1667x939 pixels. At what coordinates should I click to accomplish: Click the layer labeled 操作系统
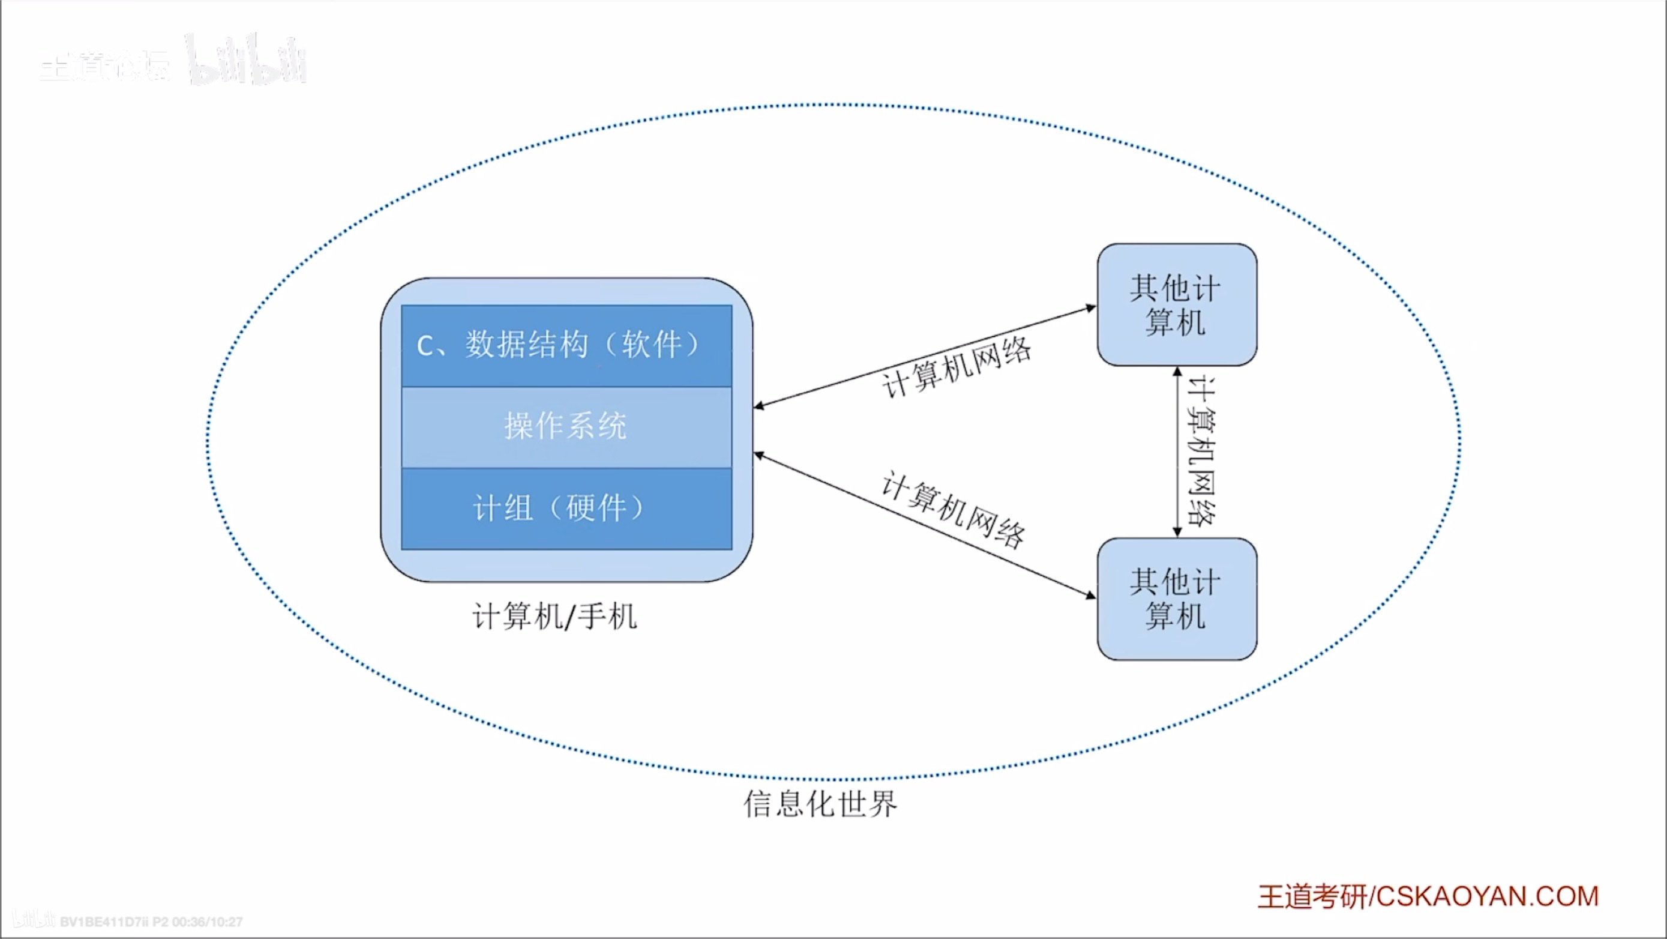pos(566,427)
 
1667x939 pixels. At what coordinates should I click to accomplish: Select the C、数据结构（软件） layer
pos(566,346)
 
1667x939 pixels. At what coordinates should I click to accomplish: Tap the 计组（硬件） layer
pos(566,509)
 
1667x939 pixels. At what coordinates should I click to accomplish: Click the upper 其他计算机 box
pos(1177,304)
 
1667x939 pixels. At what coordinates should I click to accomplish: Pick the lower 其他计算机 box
pos(1177,599)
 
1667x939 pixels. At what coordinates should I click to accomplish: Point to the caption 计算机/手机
pos(554,616)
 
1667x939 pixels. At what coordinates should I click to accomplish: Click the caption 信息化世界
pos(820,804)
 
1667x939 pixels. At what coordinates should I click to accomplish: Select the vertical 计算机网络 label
pos(1203,451)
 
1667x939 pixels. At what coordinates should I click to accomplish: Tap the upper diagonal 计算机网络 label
pos(957,368)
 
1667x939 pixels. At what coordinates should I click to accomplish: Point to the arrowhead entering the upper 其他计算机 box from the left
pos(1090,308)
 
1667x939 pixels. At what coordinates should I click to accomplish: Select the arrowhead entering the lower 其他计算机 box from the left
pos(1090,594)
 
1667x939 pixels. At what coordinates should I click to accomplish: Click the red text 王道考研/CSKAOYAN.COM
pos(1428,897)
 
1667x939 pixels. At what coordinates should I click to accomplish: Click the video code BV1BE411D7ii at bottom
pos(104,922)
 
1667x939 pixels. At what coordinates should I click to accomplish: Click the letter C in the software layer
pos(425,346)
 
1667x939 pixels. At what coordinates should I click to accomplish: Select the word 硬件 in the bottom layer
pos(596,509)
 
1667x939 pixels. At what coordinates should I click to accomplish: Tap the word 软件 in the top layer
pos(652,345)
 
